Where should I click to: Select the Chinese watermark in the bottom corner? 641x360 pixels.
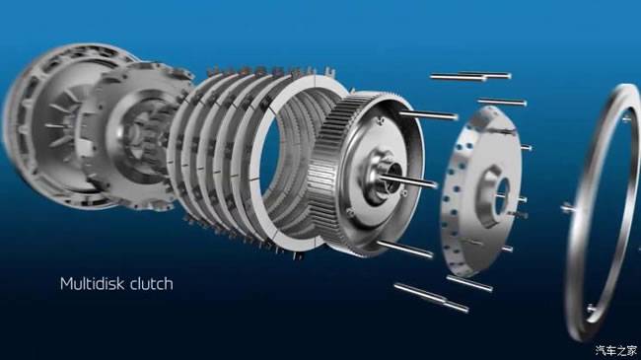click(x=615, y=350)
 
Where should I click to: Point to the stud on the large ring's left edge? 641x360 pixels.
click(x=568, y=208)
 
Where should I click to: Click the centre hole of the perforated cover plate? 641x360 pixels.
click(x=502, y=195)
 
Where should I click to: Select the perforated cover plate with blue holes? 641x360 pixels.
click(x=480, y=191)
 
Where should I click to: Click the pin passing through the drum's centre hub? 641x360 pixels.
click(x=409, y=180)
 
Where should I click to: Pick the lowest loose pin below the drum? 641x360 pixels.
click(x=431, y=298)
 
